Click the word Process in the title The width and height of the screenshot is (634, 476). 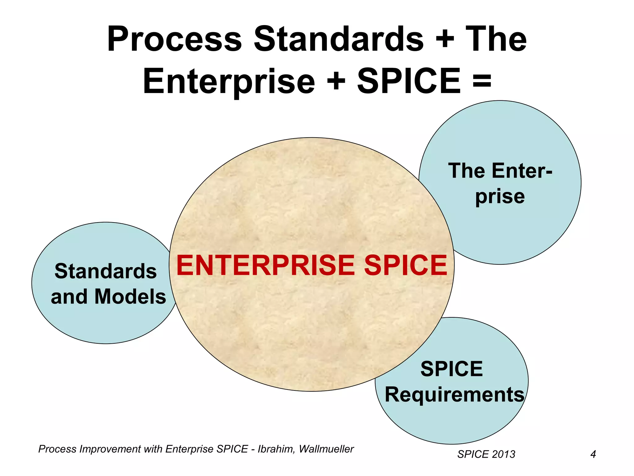[174, 39]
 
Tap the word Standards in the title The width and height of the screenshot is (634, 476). [339, 39]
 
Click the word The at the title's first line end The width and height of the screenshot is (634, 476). [496, 39]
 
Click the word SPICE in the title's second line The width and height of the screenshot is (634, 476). [409, 81]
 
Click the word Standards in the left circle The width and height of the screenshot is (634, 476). [106, 271]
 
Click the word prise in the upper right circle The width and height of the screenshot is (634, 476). [500, 197]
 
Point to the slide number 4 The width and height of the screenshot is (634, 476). [593, 454]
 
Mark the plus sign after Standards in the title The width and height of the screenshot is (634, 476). [444, 39]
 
